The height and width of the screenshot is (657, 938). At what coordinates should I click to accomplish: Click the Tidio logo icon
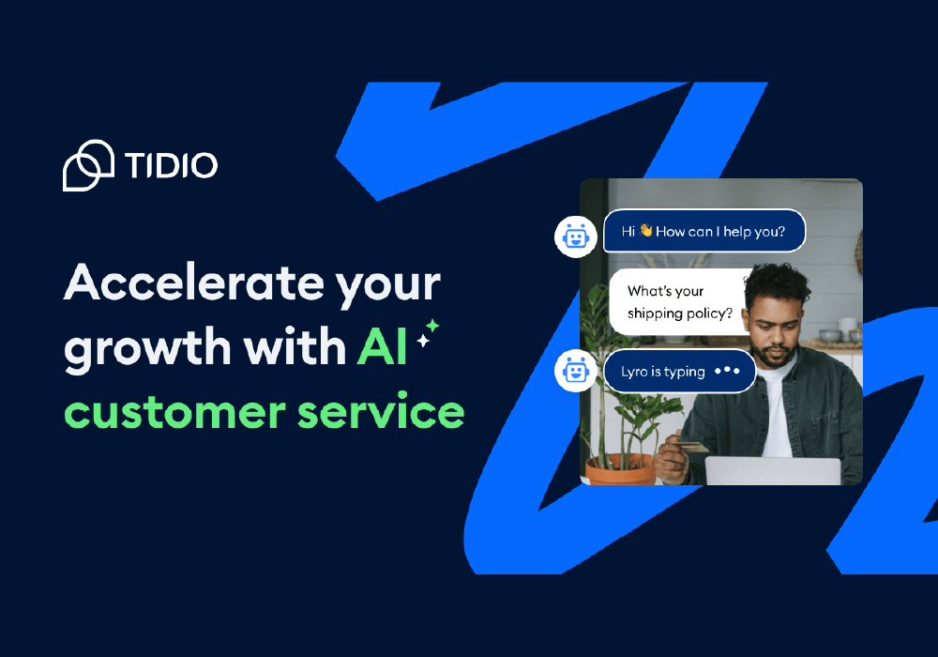[x=88, y=165]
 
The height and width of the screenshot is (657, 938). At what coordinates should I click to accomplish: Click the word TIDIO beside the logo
[x=171, y=165]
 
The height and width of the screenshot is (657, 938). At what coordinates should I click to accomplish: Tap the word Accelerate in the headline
[x=194, y=283]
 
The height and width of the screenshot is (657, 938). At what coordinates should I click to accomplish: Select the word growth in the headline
[x=147, y=347]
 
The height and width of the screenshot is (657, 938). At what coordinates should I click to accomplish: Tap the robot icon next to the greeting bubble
[x=576, y=237]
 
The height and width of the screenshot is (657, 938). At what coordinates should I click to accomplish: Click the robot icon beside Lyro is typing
[x=576, y=371]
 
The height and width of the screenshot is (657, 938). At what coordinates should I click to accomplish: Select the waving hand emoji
[x=645, y=230]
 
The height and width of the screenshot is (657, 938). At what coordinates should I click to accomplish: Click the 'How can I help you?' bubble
[x=704, y=231]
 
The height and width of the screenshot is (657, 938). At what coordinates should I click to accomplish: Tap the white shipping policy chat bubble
[x=678, y=301]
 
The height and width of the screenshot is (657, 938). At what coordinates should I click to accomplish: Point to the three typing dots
[x=728, y=371]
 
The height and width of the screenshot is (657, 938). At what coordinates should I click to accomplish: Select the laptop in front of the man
[x=773, y=471]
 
